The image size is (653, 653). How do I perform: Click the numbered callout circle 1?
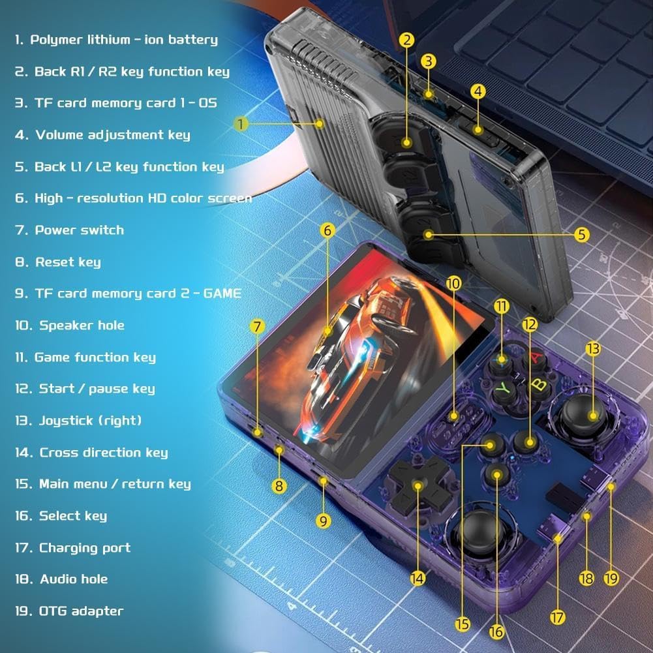241,124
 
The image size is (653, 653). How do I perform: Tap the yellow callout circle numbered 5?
582,234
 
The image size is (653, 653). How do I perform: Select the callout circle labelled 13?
593,348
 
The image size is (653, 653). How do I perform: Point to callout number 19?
611,578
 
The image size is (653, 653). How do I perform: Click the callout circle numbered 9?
324,521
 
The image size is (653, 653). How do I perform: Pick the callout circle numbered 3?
428,61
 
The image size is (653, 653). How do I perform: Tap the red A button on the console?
536,358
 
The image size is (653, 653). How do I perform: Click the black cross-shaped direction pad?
418,485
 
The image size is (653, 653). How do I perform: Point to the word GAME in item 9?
222,293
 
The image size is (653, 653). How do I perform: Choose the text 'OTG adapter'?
81,611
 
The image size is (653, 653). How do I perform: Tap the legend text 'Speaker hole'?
82,326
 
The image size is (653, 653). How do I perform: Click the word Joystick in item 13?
66,421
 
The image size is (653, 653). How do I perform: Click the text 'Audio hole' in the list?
74,579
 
